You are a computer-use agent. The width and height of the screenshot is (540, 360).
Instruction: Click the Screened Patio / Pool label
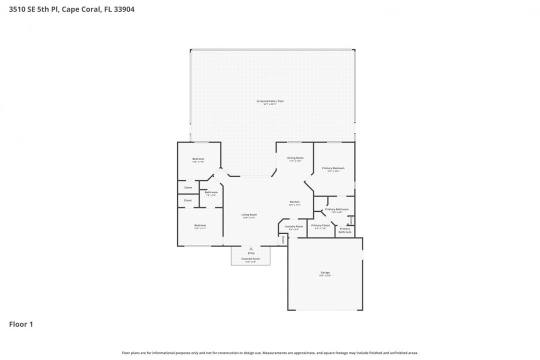270,101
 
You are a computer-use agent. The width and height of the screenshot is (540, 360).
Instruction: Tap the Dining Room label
295,158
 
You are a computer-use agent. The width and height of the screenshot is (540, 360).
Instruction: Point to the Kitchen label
294,202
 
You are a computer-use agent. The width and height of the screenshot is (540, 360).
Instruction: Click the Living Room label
249,214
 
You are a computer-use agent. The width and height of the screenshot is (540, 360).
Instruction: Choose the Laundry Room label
293,226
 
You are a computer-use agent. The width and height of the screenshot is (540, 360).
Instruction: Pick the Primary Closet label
320,225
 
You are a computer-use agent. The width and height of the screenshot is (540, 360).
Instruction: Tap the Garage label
325,272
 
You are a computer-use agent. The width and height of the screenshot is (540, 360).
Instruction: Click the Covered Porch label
250,258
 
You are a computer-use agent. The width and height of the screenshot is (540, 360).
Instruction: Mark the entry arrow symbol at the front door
251,248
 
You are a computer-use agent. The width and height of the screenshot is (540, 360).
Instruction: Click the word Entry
251,253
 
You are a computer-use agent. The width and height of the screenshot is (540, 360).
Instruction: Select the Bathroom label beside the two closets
211,192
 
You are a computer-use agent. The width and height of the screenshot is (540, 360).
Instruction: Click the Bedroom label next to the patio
198,159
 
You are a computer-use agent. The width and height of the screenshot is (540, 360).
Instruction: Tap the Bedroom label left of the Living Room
200,225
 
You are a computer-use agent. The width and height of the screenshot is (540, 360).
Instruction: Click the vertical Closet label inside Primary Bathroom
351,220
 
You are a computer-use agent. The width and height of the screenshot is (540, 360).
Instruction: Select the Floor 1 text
21,324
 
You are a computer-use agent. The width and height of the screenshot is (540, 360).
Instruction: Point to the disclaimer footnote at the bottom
270,353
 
